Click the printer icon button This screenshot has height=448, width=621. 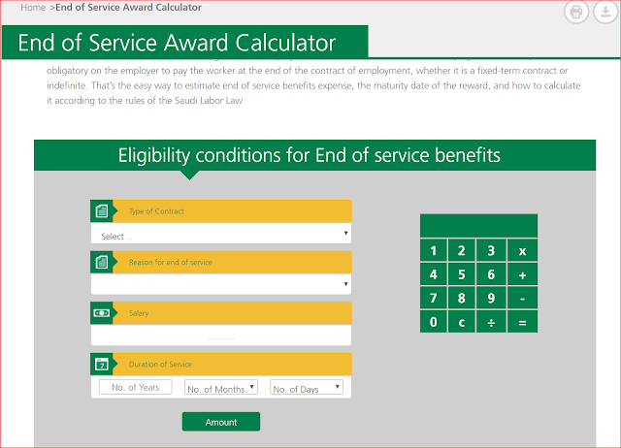point(575,12)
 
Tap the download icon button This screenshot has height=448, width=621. point(605,12)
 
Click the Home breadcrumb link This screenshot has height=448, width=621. point(33,8)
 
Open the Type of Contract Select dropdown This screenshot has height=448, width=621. point(221,234)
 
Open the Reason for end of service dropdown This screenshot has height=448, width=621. point(221,284)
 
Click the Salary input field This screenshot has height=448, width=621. point(221,335)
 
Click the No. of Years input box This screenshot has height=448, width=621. point(136,387)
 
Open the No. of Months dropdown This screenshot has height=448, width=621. point(221,387)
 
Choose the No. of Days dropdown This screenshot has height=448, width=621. point(307,387)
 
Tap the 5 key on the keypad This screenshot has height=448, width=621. point(462,274)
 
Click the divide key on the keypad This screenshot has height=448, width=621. point(491,322)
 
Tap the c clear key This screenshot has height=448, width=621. point(462,322)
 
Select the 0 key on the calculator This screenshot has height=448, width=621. point(434,322)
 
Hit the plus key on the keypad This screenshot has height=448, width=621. point(522,274)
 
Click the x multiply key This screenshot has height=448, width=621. point(522,250)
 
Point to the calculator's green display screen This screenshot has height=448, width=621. point(478,226)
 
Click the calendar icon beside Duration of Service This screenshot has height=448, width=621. point(102,364)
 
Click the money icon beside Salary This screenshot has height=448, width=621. point(102,313)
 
